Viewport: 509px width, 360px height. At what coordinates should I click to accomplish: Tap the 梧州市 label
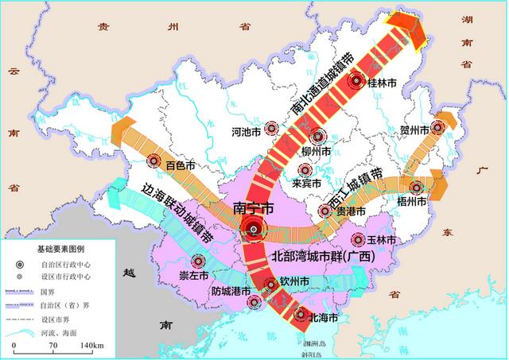pos(411,202)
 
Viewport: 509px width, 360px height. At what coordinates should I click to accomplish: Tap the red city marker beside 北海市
pos(301,314)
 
